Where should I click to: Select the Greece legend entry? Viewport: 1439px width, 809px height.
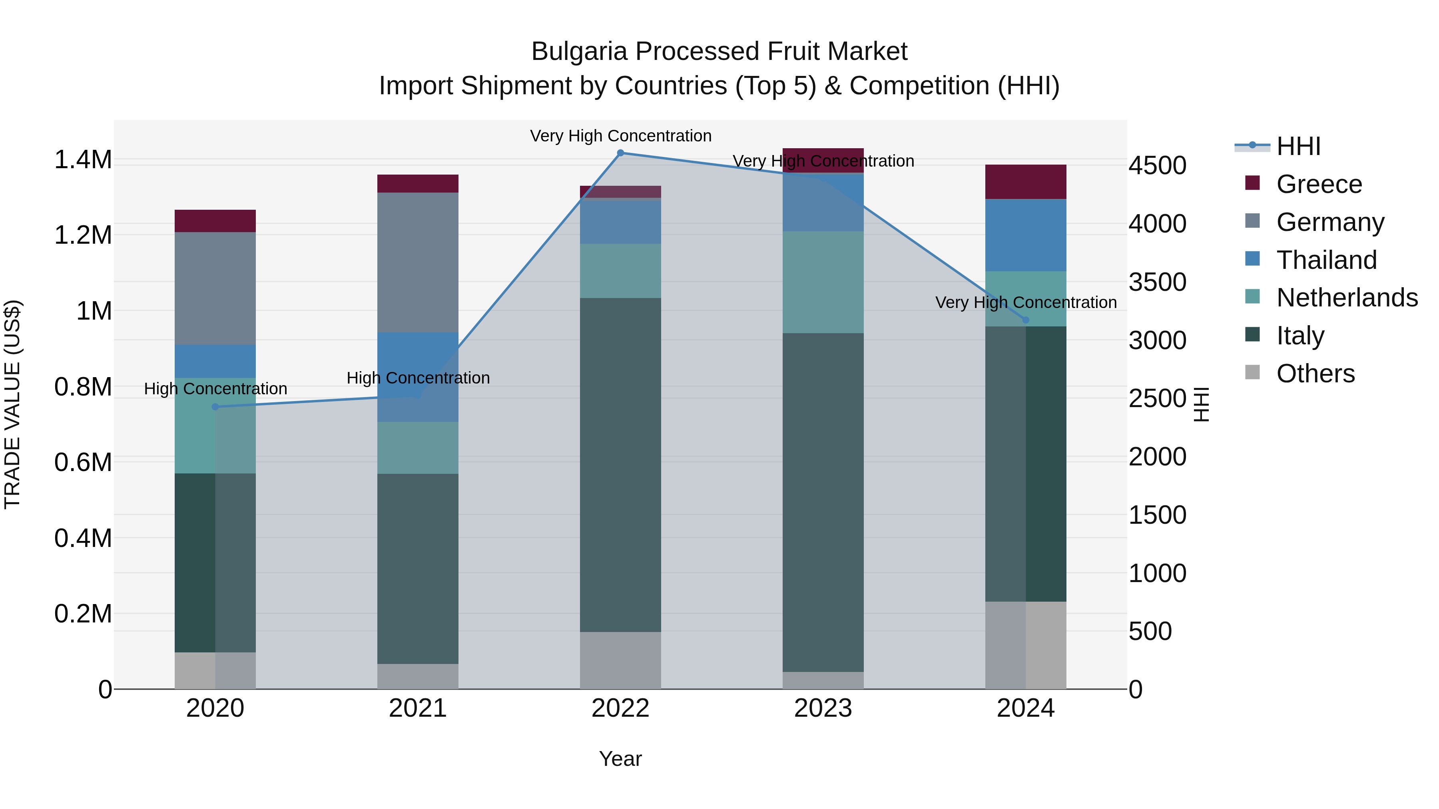tap(1318, 184)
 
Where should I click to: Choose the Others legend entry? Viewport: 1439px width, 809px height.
tap(1315, 374)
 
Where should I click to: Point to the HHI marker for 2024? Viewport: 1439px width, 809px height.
tap(1026, 320)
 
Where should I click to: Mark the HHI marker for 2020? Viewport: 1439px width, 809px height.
tap(215, 407)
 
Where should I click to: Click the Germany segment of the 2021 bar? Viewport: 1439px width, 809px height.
tap(417, 262)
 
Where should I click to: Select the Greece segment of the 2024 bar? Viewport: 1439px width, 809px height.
tap(1026, 182)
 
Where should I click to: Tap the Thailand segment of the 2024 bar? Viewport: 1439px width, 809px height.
tap(1026, 235)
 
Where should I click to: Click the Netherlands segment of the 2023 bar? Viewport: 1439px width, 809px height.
tap(823, 282)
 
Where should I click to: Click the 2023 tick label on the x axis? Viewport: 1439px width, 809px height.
tap(823, 708)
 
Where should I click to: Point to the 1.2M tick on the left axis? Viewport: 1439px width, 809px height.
tap(83, 235)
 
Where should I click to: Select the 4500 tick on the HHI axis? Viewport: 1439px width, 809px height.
tap(1157, 166)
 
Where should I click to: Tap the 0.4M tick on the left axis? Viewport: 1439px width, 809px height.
tap(83, 538)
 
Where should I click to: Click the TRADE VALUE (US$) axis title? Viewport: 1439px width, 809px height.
tap(12, 404)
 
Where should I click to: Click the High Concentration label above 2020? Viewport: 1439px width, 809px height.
tap(215, 389)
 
